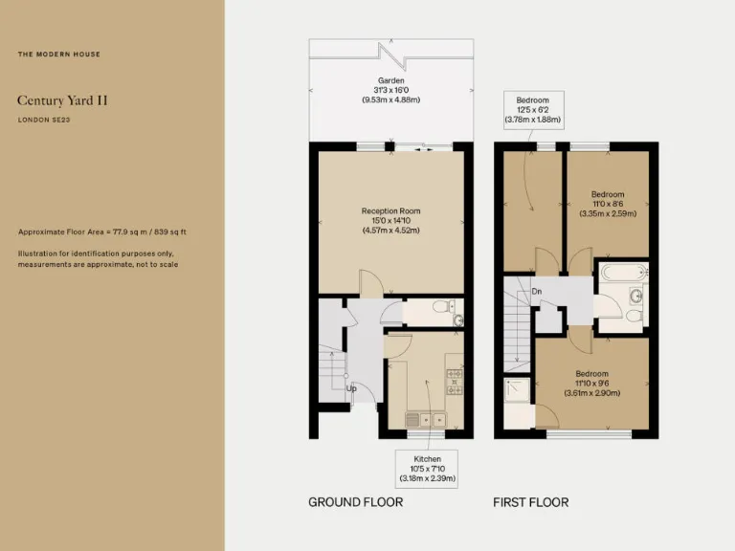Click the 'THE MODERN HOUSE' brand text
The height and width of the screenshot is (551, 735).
click(x=58, y=54)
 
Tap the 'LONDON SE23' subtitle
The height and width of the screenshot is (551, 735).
click(x=46, y=120)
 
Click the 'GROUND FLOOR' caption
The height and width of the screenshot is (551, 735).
click(x=355, y=502)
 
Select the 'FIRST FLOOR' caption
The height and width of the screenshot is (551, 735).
click(x=530, y=502)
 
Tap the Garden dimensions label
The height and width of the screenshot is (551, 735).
click(x=390, y=90)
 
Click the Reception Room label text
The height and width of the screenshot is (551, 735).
click(x=390, y=220)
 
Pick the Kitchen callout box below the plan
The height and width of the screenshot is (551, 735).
click(x=420, y=468)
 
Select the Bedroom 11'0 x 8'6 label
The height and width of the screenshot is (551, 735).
click(x=607, y=204)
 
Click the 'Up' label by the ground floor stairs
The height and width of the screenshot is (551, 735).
click(x=351, y=389)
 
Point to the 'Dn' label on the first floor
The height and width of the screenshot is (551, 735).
click(x=536, y=291)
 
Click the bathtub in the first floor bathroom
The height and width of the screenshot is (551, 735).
click(x=622, y=275)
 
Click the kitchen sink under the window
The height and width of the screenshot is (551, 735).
click(x=424, y=419)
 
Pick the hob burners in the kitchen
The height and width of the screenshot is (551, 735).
click(x=455, y=382)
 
